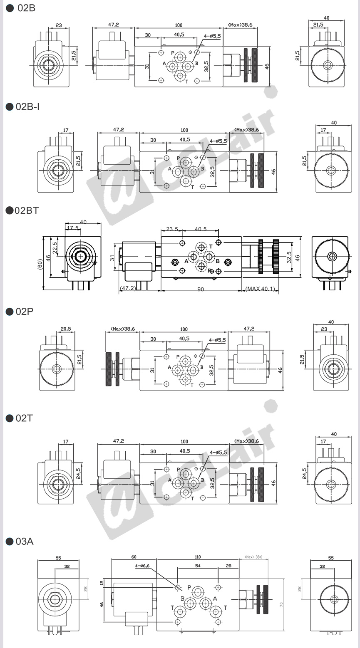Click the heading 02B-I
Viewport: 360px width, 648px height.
pos(28,107)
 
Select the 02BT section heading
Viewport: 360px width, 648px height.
pos(27,210)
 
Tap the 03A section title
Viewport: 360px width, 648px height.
pos(24,541)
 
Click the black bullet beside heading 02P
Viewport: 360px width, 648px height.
pos(9,312)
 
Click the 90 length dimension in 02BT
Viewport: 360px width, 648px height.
pos(201,289)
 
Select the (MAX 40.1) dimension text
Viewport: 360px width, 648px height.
pos(260,289)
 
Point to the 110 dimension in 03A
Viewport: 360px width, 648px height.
pos(197,557)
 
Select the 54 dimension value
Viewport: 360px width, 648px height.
pos(198,566)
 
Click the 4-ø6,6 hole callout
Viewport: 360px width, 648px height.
pos(142,566)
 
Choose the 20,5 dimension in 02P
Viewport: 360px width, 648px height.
pos(65,329)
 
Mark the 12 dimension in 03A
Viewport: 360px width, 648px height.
pos(102,583)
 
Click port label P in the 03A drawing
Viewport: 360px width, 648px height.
pos(189,587)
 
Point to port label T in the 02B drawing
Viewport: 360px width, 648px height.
pos(187,82)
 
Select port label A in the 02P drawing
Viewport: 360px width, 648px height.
pos(170,368)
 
